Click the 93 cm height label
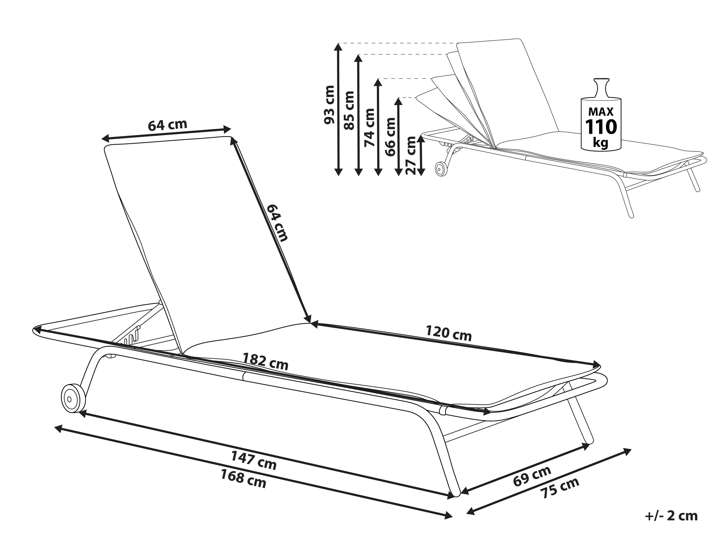click(329, 105)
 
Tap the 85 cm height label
click(349, 110)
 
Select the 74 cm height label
click(369, 128)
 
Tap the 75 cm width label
click(560, 488)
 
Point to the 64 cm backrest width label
click(168, 125)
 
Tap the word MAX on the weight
click(601, 112)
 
